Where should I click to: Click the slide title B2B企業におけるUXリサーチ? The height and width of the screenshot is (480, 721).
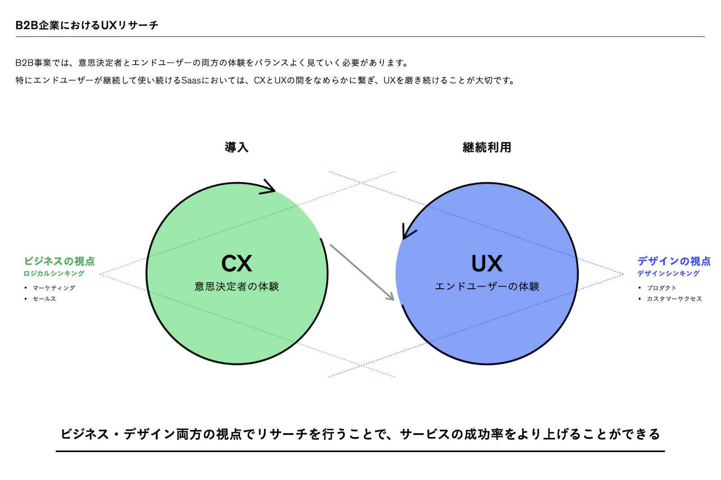click(87, 25)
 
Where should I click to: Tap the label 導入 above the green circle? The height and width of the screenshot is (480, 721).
click(237, 147)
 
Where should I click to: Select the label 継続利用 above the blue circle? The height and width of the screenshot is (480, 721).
click(487, 147)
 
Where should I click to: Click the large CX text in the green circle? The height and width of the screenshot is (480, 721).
click(237, 263)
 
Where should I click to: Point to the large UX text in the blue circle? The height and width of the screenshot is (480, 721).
click(487, 263)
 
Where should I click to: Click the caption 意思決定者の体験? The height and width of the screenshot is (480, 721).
click(237, 286)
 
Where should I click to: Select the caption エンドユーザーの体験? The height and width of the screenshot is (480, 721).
click(487, 286)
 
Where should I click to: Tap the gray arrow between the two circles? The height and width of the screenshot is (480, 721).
click(362, 272)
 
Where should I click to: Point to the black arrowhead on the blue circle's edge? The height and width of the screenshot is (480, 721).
click(408, 231)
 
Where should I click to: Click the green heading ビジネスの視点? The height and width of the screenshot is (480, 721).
click(59, 261)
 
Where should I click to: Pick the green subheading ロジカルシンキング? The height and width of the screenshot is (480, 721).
click(54, 273)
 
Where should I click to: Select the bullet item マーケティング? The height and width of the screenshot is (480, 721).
click(54, 288)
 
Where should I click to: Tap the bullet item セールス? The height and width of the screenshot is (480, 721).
click(45, 299)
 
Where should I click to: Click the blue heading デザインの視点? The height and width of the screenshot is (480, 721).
click(674, 261)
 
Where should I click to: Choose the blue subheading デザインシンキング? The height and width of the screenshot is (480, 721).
click(669, 273)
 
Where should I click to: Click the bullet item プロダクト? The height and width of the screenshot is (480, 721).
click(662, 288)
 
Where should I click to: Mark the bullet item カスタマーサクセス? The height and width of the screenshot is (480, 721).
click(674, 299)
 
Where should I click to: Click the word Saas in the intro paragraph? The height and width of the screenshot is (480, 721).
click(191, 80)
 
